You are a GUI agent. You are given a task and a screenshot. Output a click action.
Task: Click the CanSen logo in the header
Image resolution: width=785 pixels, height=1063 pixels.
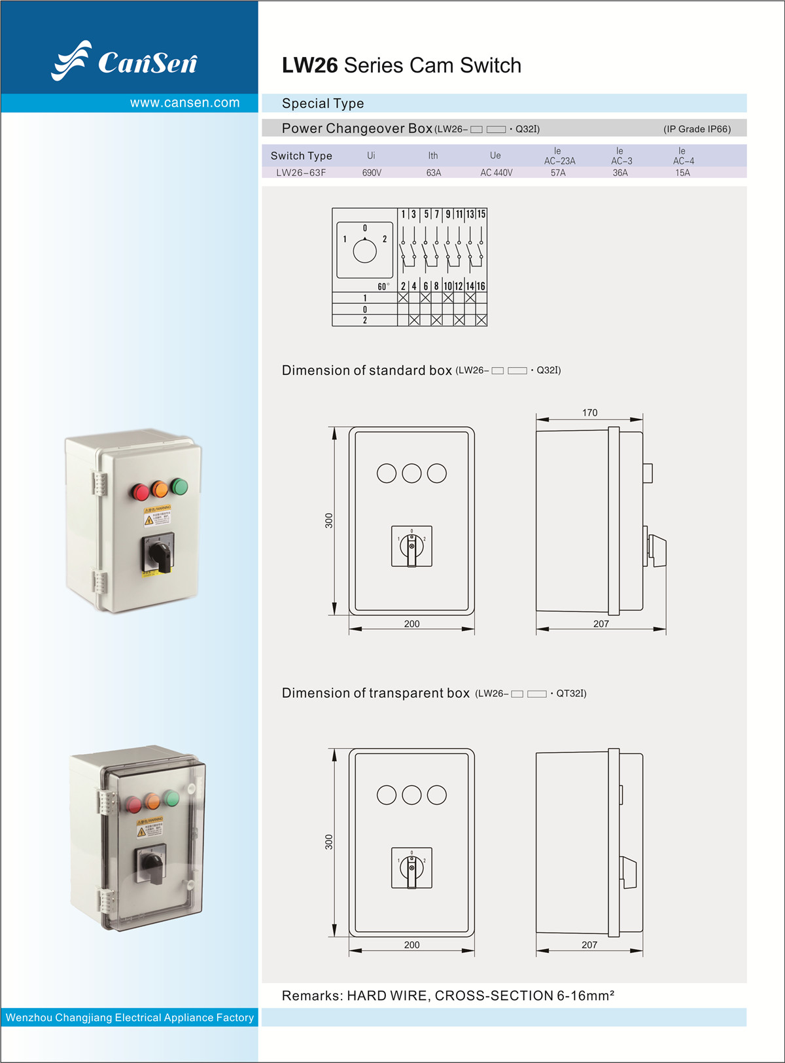point(124,61)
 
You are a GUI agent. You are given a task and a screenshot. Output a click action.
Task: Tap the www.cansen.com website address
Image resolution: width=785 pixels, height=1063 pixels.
point(184,103)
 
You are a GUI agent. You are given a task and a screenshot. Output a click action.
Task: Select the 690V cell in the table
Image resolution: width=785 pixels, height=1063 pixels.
point(372,173)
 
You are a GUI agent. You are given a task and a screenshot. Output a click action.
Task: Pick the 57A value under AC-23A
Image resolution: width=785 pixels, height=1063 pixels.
point(558,173)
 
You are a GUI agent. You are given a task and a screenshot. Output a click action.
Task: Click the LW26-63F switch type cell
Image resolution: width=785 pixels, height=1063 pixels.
point(301,173)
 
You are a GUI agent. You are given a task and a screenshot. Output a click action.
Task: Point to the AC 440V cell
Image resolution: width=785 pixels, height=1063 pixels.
point(497,173)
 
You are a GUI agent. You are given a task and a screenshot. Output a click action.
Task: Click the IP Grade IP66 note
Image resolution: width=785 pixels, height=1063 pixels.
point(697,129)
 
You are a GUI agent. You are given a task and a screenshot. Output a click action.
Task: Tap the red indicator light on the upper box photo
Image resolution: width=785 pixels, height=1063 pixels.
point(141,492)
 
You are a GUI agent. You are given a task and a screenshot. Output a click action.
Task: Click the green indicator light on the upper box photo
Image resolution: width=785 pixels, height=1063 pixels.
point(179,486)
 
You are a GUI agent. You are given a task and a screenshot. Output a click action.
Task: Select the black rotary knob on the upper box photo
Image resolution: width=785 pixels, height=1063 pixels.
point(159,554)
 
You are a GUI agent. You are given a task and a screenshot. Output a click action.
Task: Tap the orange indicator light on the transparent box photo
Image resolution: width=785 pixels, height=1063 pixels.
point(152,801)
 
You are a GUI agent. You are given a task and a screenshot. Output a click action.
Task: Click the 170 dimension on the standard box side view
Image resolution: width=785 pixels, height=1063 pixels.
point(589,412)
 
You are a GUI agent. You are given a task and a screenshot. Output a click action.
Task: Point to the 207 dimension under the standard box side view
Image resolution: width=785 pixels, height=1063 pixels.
point(601,624)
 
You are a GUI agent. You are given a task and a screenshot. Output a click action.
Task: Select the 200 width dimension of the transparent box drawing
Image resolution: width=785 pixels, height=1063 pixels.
point(411,945)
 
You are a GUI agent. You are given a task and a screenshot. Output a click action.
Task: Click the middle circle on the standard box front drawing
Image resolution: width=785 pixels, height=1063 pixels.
point(411,473)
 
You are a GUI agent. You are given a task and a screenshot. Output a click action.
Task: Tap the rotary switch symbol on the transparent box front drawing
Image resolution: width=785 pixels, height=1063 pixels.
point(411,868)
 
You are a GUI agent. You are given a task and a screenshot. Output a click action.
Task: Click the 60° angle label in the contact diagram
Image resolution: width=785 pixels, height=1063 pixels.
point(383,287)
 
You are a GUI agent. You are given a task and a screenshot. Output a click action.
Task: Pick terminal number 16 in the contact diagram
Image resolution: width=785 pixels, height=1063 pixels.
point(481,286)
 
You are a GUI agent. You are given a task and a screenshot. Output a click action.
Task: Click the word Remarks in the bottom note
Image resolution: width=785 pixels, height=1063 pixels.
point(311,996)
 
